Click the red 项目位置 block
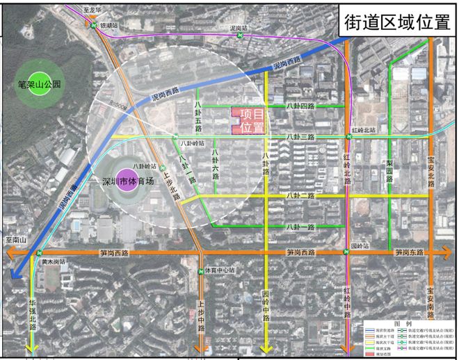247,121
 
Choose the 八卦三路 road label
301,137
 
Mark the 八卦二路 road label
301,196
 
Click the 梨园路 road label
390,170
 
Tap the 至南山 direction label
15,240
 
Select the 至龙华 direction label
92,11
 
